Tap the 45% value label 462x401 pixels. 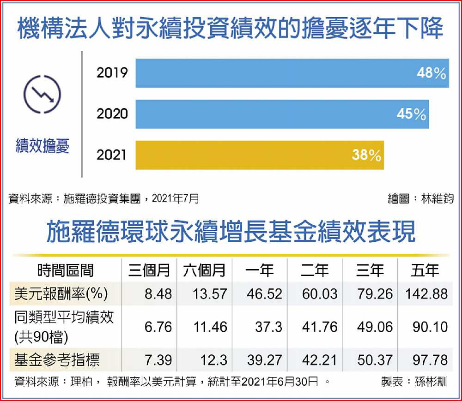coord(411,114)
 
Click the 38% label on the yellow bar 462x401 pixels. coord(366,156)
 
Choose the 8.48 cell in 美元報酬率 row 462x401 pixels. coord(158,294)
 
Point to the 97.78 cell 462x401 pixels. coord(430,360)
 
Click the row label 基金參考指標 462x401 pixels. coord(57,360)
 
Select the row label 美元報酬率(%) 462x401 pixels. coord(61,294)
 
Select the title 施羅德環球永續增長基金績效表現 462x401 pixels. coord(231,231)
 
